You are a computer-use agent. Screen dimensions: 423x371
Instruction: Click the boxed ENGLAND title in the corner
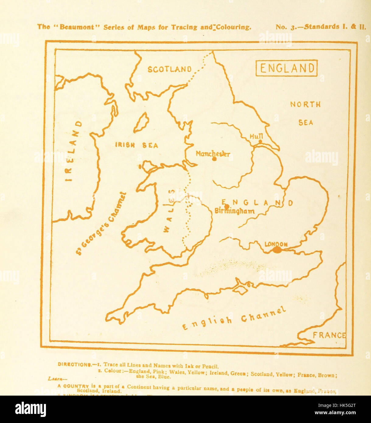[286, 68]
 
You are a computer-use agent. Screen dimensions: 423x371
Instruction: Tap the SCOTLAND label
[170, 69]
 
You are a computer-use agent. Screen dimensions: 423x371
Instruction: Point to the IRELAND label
[73, 151]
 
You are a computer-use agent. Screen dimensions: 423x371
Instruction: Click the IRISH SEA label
[136, 145]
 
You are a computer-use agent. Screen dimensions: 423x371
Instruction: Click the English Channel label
[234, 319]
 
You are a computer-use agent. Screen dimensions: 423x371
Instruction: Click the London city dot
[277, 250]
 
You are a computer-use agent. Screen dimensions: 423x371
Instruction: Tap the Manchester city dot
[214, 159]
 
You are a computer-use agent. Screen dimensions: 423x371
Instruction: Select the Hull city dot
[260, 142]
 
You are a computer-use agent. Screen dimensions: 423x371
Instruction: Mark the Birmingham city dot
[226, 206]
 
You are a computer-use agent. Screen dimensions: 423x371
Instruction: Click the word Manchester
[213, 154]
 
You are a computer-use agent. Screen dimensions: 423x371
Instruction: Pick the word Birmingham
[235, 211]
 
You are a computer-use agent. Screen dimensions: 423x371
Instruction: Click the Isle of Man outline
[141, 123]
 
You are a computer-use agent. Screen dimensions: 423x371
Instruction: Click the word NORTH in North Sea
[305, 104]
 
